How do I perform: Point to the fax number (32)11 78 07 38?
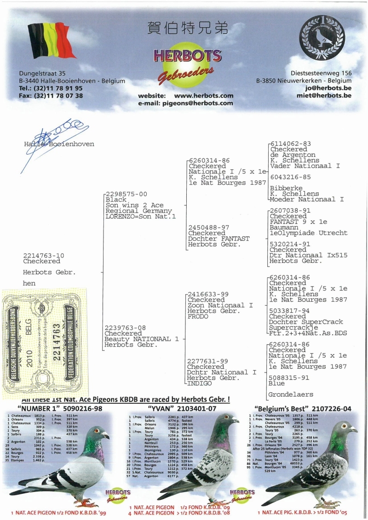51,96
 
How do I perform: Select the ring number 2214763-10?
44,255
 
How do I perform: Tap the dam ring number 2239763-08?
126,328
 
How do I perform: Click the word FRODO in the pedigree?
198,316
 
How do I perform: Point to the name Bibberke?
286,188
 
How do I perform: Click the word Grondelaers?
291,394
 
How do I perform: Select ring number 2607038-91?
290,211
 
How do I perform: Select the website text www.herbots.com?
204,96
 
